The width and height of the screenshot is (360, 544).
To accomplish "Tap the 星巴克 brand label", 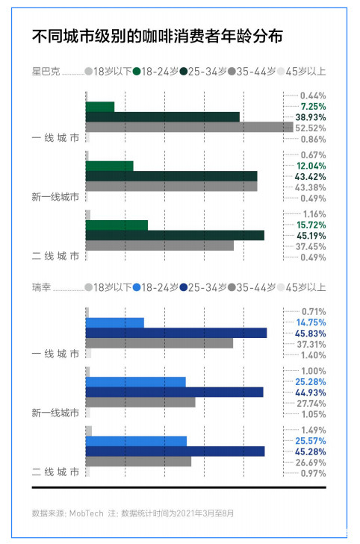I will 44,72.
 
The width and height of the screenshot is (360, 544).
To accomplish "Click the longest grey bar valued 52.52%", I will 189,128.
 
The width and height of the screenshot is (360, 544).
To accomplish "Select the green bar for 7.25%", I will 100,107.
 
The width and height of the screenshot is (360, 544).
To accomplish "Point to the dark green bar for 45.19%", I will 175,235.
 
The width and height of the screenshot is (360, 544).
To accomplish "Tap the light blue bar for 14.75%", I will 115,322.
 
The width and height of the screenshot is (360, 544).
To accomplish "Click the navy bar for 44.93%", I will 175,392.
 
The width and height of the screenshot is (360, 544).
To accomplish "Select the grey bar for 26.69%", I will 138,461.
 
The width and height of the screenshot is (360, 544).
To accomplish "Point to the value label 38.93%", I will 310,118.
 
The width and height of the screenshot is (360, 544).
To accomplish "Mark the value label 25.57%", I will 310,441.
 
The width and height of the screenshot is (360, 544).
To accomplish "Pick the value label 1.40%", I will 313,354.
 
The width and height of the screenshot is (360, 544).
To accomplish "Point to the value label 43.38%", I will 310,187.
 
